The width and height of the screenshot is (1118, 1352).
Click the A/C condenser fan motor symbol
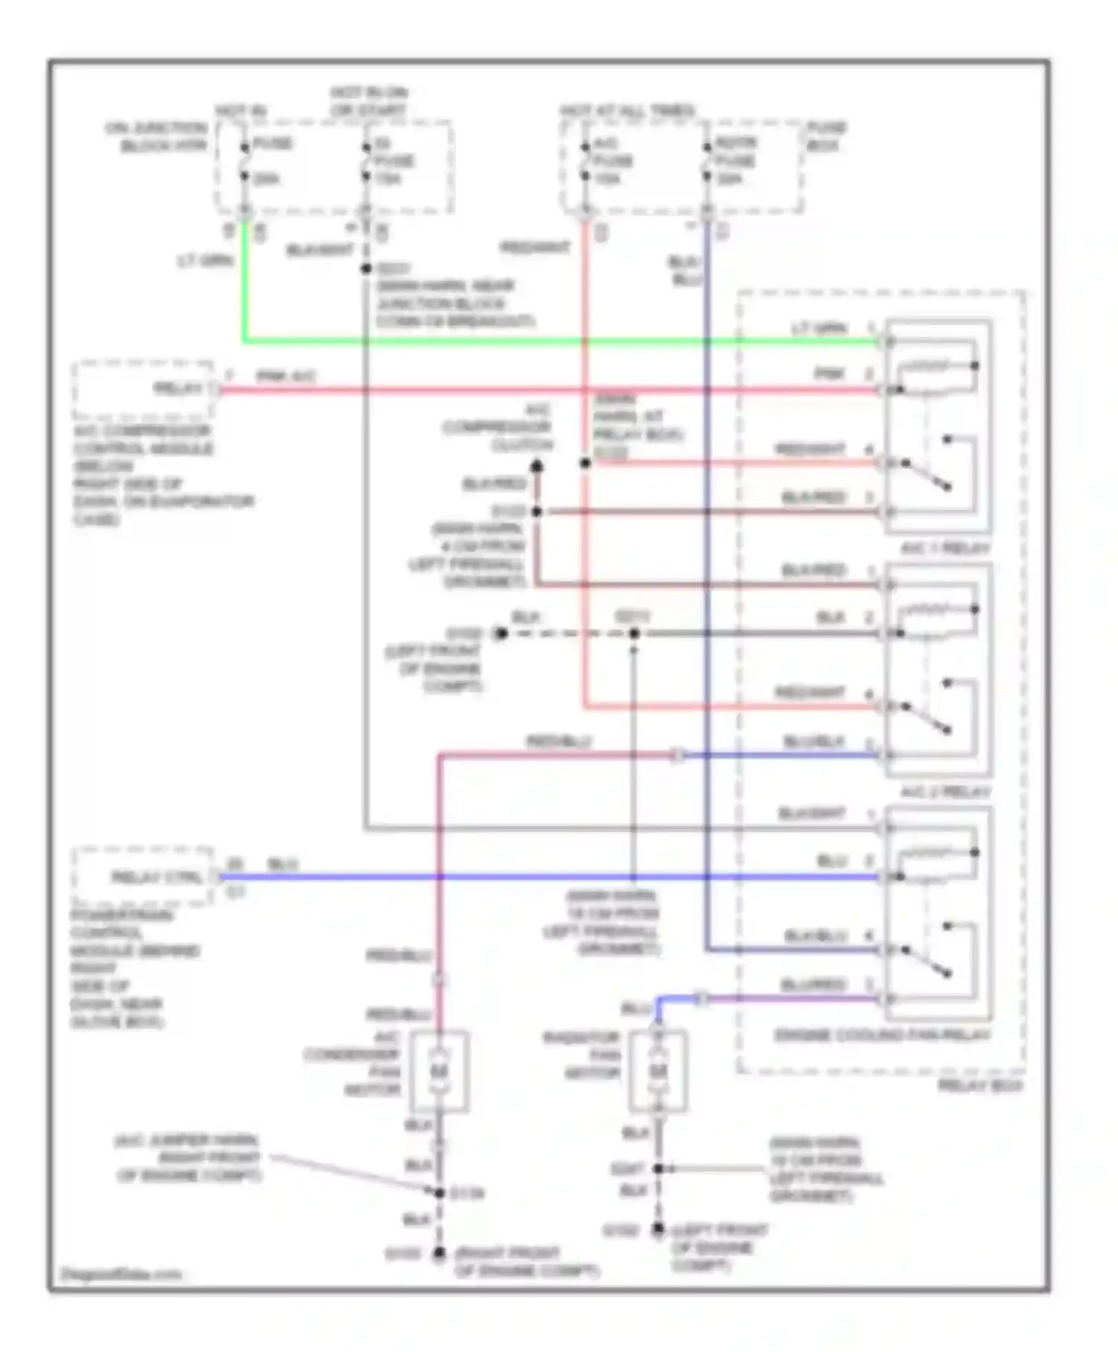point(439,1071)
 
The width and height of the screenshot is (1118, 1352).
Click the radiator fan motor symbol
point(657,1071)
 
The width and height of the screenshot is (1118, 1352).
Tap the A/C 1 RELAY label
point(945,548)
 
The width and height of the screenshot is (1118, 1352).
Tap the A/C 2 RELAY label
point(945,792)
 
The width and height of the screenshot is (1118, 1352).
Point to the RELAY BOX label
point(979,1086)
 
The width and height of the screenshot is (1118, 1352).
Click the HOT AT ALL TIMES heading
point(628,110)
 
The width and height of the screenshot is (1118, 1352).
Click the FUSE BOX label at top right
point(826,136)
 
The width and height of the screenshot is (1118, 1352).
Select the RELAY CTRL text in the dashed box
point(157,877)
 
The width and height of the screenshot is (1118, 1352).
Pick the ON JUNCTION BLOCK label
point(156,137)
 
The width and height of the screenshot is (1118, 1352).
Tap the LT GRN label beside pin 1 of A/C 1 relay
point(819,328)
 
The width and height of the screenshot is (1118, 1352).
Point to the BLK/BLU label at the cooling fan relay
point(812,936)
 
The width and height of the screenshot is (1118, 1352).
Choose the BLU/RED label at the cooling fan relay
point(813,985)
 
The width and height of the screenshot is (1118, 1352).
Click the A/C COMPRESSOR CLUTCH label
point(498,428)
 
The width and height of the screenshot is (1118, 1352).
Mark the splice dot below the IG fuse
point(365,268)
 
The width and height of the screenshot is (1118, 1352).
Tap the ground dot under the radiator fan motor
point(657,1229)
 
